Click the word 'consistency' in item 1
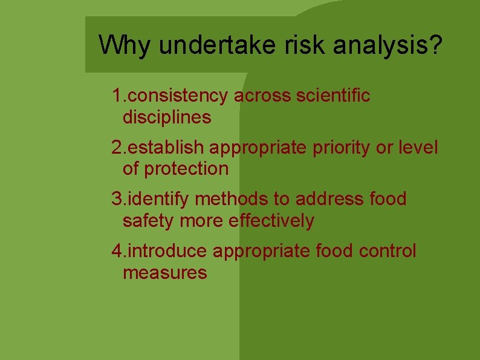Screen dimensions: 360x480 pyautogui.click(x=178, y=96)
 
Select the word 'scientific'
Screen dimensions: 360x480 pyautogui.click(x=333, y=96)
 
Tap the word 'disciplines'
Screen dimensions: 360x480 pyautogui.click(x=167, y=117)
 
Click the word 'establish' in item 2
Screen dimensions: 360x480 pyautogui.click(x=167, y=148)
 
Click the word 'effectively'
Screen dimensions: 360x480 pyautogui.click(x=271, y=220)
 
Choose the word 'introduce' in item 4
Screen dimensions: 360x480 pyautogui.click(x=168, y=250)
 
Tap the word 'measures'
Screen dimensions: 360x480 pyautogui.click(x=164, y=272)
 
